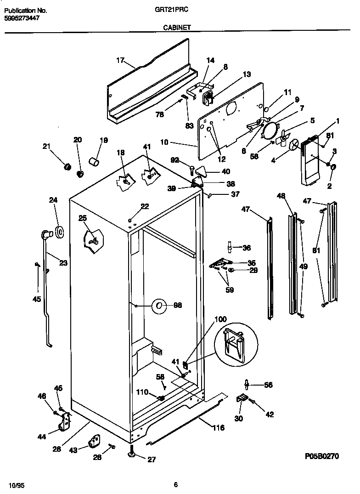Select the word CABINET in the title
coord(177,28)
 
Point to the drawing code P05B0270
coord(321,456)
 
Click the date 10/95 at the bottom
coord(15,485)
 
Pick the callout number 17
coord(120,60)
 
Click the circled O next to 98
coord(159,305)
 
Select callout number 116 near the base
coord(218,428)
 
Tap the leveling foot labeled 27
coord(131,455)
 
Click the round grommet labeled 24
coord(59,232)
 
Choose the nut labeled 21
coord(66,166)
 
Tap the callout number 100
coord(220,319)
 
